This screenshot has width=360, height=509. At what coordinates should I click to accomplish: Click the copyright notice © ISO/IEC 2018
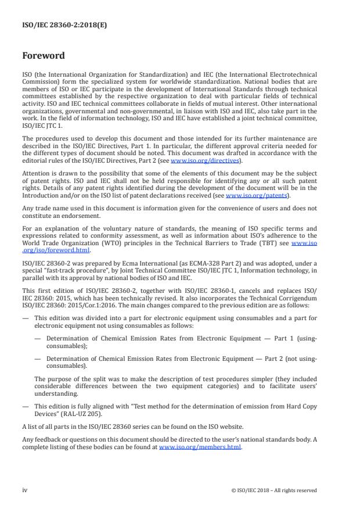pyautogui.click(x=272, y=490)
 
